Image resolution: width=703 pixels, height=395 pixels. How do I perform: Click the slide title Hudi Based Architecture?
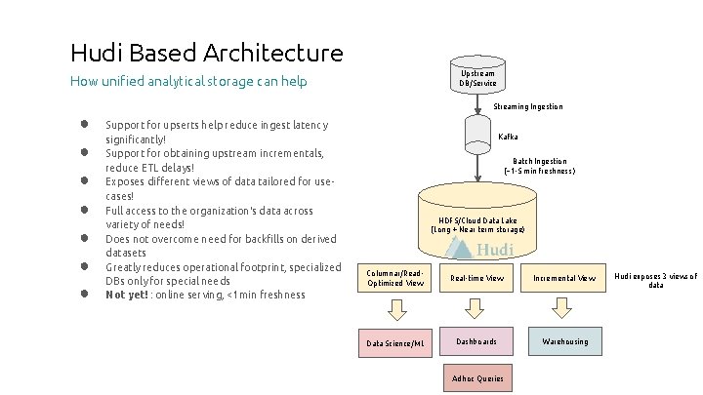(207, 53)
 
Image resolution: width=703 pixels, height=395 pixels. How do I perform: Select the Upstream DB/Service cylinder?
(476, 78)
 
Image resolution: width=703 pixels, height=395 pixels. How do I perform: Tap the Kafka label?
(508, 137)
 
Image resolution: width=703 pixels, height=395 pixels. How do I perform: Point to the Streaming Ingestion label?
(528, 106)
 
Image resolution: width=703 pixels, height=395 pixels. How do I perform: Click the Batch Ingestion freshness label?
(540, 166)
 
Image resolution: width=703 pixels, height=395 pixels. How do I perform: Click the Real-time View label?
(476, 279)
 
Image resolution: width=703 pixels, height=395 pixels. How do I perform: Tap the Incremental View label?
(564, 279)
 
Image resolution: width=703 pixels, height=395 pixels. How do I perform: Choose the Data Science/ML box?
(394, 342)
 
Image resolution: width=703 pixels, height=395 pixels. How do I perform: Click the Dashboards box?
(476, 341)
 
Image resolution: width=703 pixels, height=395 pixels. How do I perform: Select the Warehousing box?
(564, 341)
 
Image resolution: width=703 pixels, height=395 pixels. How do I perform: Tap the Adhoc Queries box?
(476, 377)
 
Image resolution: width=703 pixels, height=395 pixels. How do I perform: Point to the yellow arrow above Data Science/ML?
(395, 309)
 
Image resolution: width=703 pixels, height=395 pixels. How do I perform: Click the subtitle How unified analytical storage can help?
(188, 82)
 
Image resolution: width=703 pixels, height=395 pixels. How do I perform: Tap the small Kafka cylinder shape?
(476, 131)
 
